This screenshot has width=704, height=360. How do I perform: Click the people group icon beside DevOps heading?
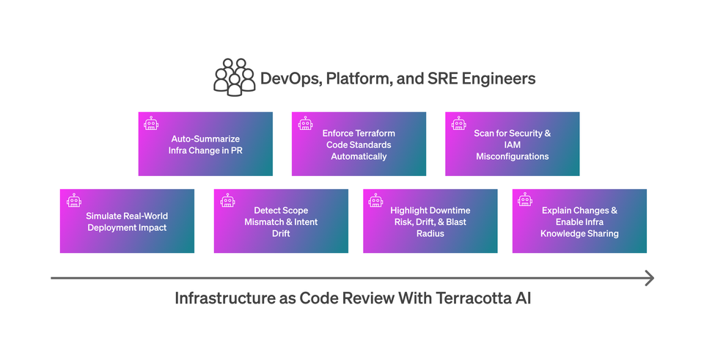tap(235, 78)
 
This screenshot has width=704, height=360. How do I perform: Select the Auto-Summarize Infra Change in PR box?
tap(205, 144)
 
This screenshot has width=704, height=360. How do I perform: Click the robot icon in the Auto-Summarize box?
tap(152, 124)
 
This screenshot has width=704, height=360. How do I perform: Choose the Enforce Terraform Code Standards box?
tap(359, 144)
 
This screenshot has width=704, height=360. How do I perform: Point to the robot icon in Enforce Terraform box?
tap(306, 124)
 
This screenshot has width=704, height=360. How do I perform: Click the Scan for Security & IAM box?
tap(512, 144)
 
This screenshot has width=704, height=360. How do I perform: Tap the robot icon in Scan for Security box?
tap(459, 124)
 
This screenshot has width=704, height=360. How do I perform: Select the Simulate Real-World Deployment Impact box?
tap(127, 221)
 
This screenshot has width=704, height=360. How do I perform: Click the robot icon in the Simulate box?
tap(73, 201)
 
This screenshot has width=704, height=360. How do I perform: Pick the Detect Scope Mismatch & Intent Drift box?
tap(281, 221)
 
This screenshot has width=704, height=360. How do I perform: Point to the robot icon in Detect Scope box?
tap(227, 201)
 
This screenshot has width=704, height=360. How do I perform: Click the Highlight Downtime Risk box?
tap(430, 221)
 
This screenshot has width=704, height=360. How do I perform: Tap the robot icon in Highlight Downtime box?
tap(376, 201)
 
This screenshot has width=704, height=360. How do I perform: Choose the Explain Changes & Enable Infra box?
tap(579, 221)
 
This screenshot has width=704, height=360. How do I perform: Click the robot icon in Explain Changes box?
tap(525, 201)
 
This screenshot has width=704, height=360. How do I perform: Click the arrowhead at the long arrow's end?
tap(648, 278)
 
